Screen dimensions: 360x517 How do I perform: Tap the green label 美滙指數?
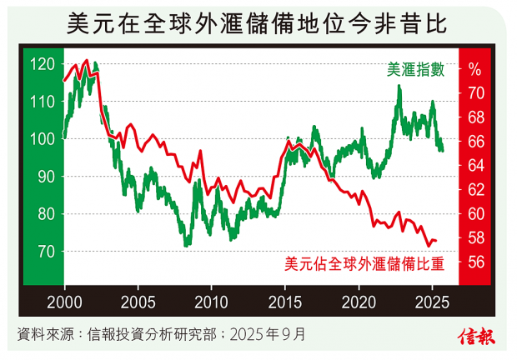(414, 70)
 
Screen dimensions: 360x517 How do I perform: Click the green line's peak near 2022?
(399, 87)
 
